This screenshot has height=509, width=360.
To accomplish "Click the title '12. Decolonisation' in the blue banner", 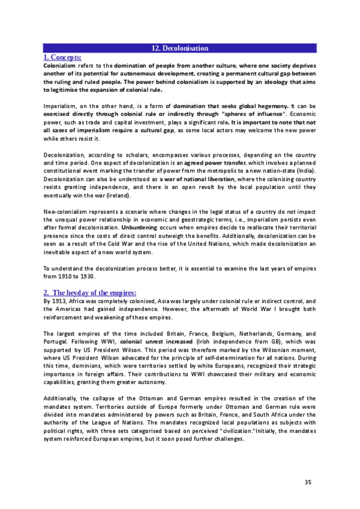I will click(x=179, y=47).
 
